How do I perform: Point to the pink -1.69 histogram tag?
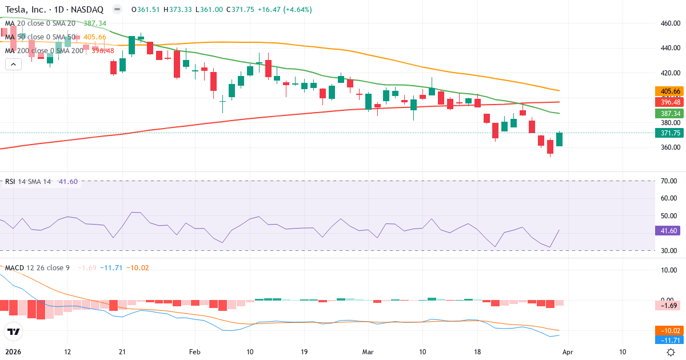pos(668,306)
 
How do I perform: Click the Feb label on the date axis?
pos(195,352)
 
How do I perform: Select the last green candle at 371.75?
pos(559,139)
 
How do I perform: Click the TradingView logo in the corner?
pos(14,331)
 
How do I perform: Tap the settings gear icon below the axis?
pos(671,352)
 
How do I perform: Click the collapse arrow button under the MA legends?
pos(13,65)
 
